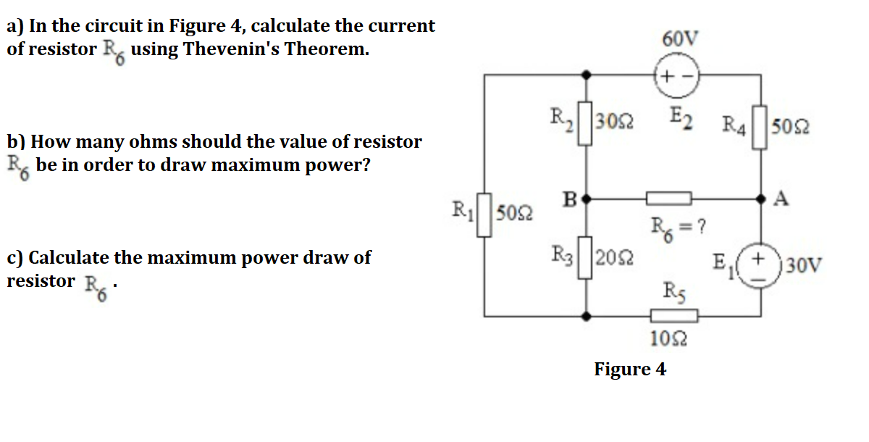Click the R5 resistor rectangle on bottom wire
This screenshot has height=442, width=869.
(673, 315)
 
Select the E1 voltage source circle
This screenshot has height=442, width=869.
(760, 264)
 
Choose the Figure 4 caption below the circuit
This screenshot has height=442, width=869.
(630, 369)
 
